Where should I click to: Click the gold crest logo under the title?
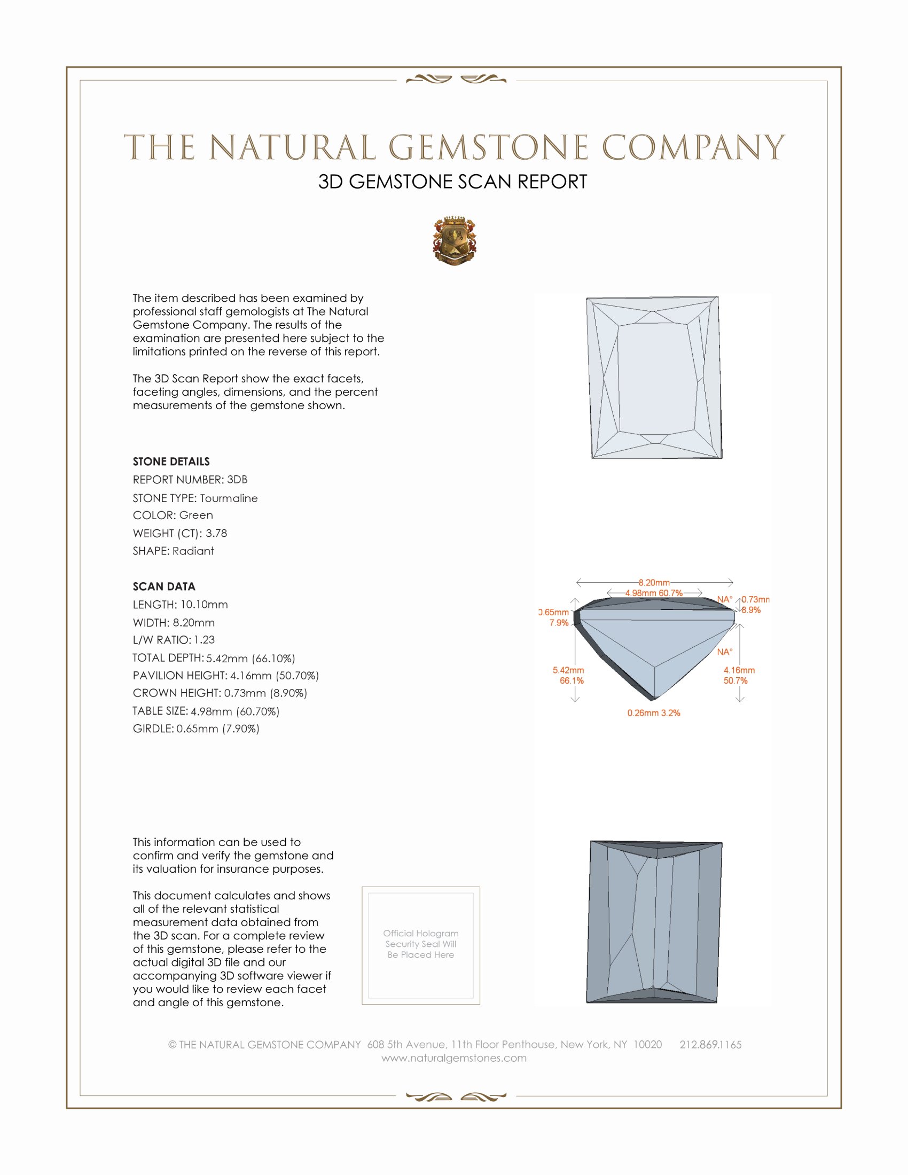coord(455,240)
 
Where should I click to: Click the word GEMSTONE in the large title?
coord(488,147)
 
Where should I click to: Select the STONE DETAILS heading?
coord(171,461)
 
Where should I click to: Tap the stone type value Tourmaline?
coord(229,498)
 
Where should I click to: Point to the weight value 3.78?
coord(216,533)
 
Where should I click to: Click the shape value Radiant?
coord(193,551)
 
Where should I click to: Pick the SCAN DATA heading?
coord(164,586)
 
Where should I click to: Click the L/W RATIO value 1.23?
coord(205,640)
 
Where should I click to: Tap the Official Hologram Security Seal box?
coord(421,945)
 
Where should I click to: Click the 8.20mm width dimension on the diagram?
coord(654,583)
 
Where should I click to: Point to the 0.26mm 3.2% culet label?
coord(654,713)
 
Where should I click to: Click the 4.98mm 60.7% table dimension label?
coord(654,593)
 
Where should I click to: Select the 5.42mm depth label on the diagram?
coord(568,670)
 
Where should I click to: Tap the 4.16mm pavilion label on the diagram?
coord(739,670)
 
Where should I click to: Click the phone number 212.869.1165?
coord(710,1045)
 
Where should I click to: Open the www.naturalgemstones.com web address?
coord(454,1058)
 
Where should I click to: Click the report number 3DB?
coord(237,480)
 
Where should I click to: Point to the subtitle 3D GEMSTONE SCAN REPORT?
coord(452,182)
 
